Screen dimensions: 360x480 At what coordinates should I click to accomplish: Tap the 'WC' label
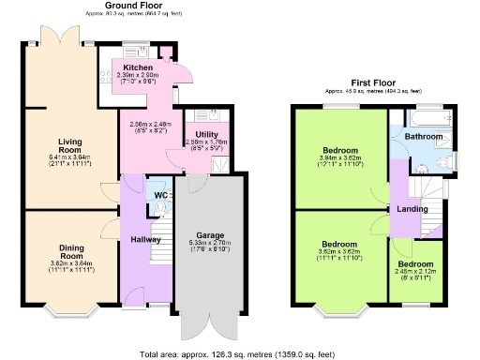point(160,196)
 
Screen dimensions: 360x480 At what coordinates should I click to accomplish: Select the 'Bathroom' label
point(424,138)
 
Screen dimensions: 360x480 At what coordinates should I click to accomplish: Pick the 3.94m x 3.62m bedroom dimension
point(339,158)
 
